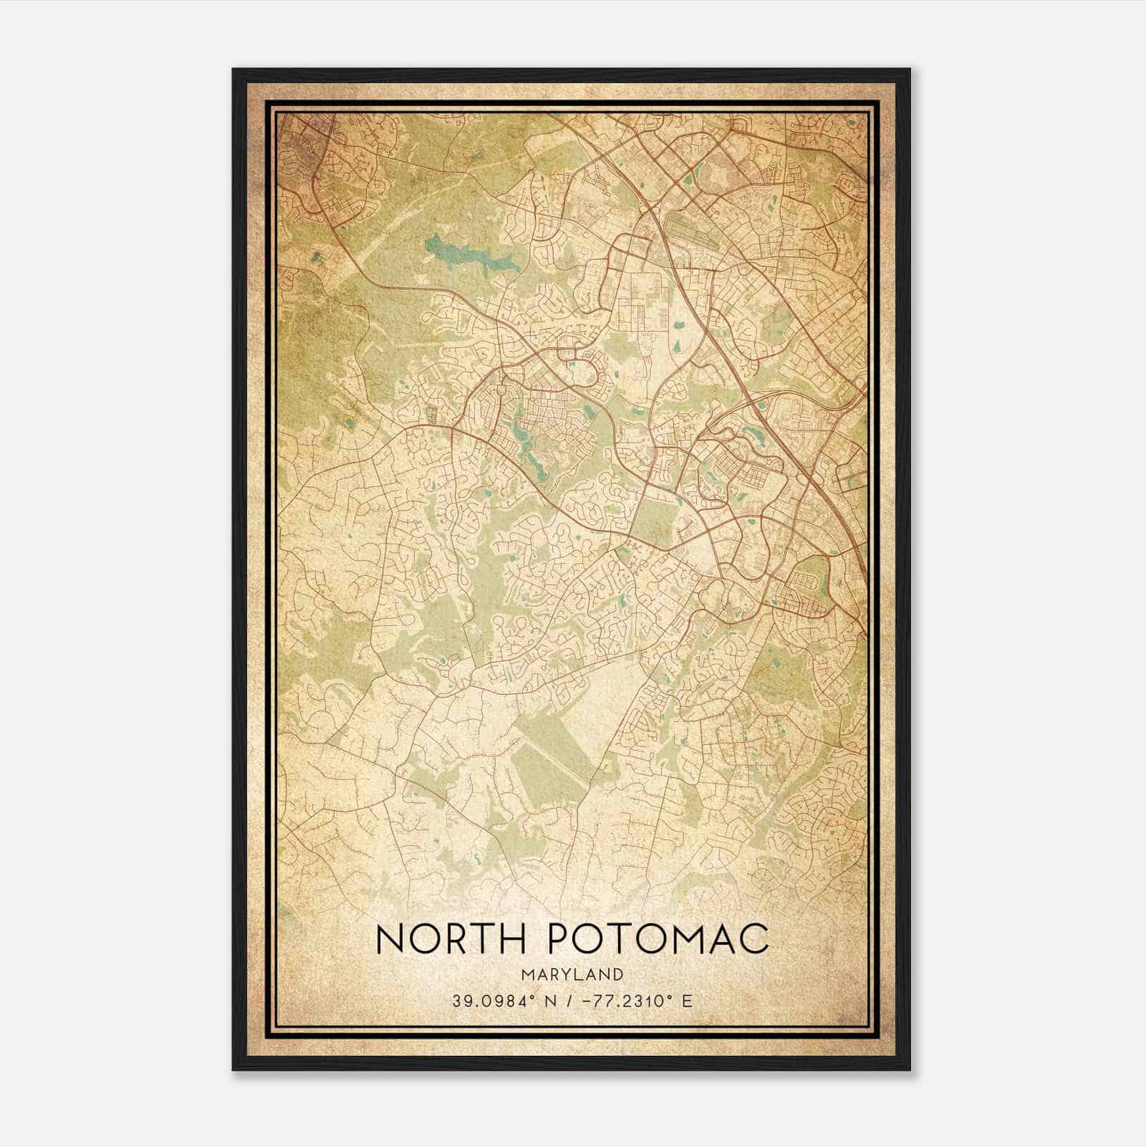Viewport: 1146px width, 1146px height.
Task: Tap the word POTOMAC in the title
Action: [x=658, y=939]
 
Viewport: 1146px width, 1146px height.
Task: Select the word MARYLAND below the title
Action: [x=572, y=974]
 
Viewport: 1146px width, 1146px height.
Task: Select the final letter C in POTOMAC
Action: [x=753, y=939]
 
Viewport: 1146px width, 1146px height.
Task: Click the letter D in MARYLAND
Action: [x=617, y=974]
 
